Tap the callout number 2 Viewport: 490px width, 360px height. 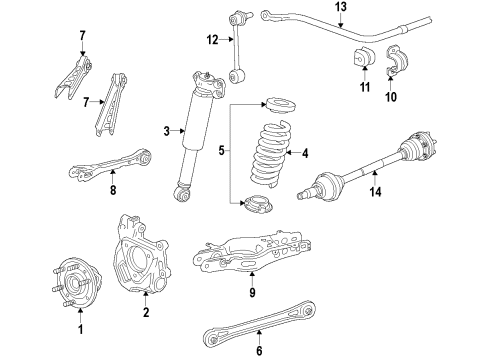[146, 312]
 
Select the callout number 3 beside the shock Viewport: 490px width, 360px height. [166, 130]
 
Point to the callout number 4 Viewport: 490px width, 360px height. [304, 153]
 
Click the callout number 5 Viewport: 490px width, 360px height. [222, 152]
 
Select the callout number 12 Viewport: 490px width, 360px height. [211, 40]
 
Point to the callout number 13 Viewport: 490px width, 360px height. [341, 8]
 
